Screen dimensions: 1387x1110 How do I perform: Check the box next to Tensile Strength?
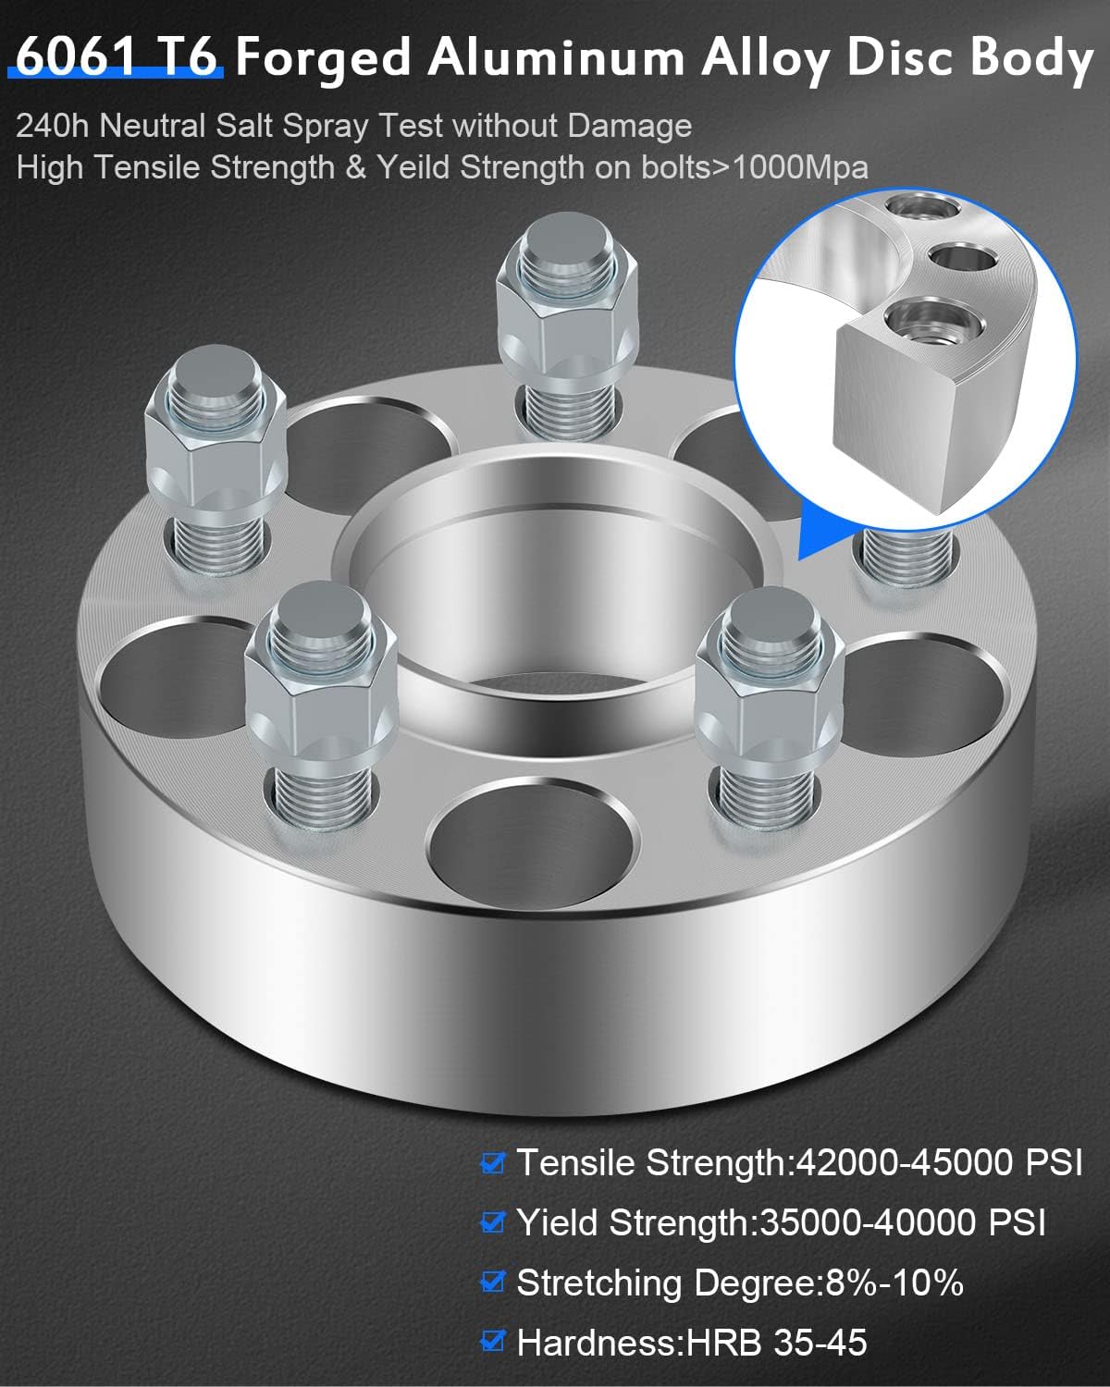point(493,1162)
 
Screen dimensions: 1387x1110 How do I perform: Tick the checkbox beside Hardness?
point(493,1341)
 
